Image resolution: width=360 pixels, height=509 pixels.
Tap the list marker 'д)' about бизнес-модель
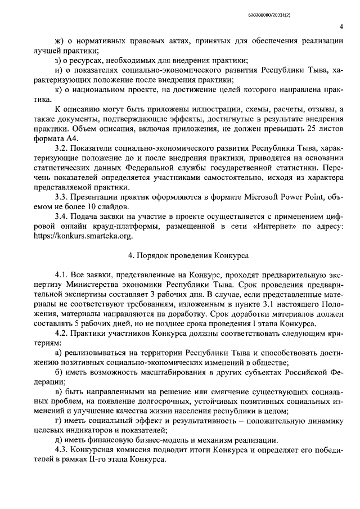coord(58,439)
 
